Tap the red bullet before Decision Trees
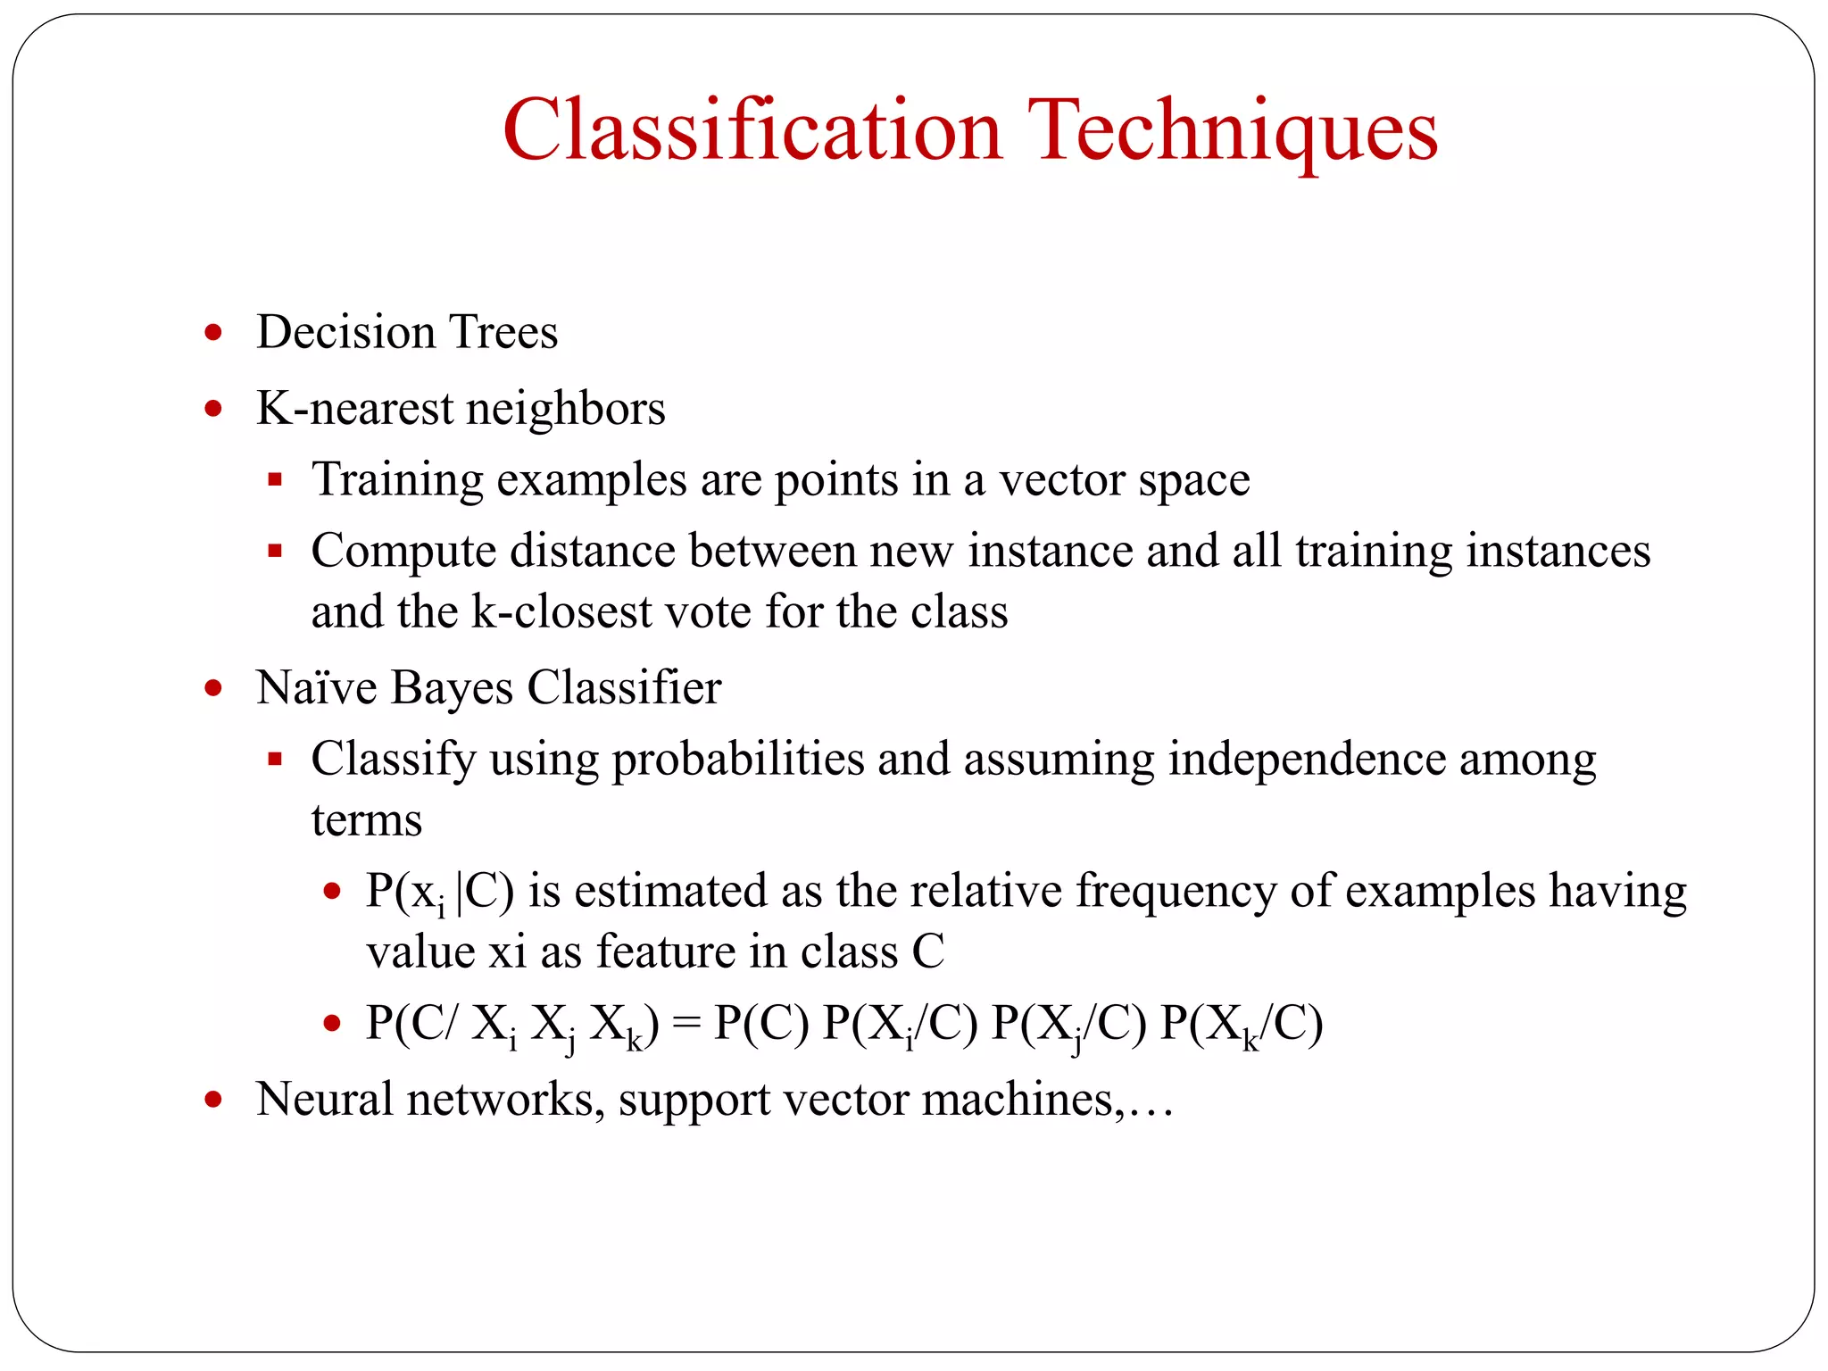(x=212, y=333)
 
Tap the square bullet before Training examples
(x=275, y=480)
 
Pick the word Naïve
(x=317, y=688)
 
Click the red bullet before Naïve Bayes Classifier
(x=212, y=688)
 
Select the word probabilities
(x=737, y=760)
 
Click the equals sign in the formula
(x=686, y=1024)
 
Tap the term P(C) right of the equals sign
(x=761, y=1024)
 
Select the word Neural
(x=324, y=1100)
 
